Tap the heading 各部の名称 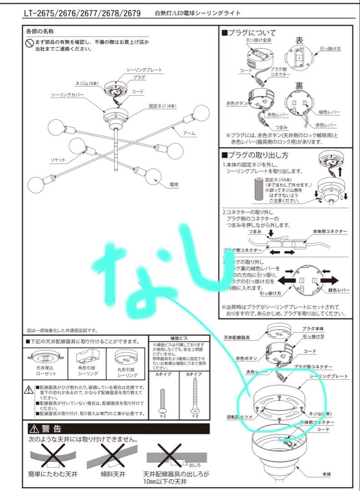tap(40, 31)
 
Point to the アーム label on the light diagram tap(189, 133)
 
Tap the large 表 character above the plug tap(299, 40)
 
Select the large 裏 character tap(299, 85)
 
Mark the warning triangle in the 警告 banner tap(35, 429)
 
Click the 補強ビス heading tap(179, 339)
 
